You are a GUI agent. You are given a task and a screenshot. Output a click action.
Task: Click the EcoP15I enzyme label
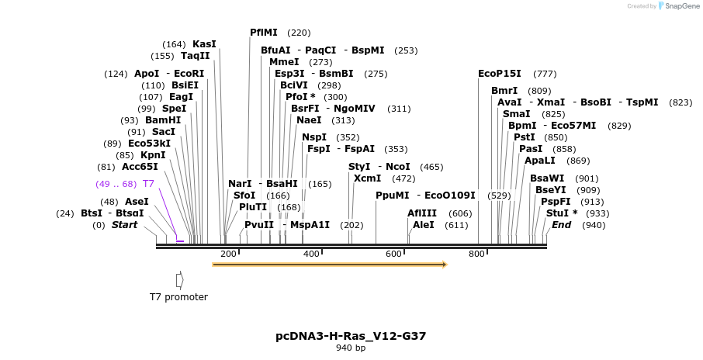click(499, 74)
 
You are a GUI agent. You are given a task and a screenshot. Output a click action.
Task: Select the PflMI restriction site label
click(264, 33)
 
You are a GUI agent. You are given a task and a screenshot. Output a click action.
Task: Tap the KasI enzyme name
click(204, 44)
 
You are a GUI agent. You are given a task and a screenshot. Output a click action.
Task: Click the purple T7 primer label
click(148, 184)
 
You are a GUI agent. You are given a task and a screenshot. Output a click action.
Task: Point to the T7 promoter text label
click(178, 297)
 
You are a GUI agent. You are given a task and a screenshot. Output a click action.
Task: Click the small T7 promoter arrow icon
click(179, 279)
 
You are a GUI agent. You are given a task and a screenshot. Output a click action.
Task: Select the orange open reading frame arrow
click(330, 265)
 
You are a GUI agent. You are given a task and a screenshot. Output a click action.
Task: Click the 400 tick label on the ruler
click(310, 254)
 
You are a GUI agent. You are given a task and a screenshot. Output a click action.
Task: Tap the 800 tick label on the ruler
click(476, 254)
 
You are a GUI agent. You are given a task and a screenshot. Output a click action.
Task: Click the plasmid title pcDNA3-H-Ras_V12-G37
click(351, 336)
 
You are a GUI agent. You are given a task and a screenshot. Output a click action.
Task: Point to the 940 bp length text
click(351, 348)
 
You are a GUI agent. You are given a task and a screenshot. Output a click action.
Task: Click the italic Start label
click(124, 225)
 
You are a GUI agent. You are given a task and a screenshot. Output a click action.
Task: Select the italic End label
click(561, 225)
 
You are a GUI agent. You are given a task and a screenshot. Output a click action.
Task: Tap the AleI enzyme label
click(424, 225)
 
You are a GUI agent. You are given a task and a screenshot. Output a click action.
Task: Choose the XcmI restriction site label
click(368, 178)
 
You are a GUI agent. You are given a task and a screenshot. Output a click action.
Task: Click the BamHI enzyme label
click(162, 120)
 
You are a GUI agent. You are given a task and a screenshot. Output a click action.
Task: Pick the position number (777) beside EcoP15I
click(545, 74)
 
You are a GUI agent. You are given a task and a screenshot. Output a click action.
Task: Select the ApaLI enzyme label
click(540, 161)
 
